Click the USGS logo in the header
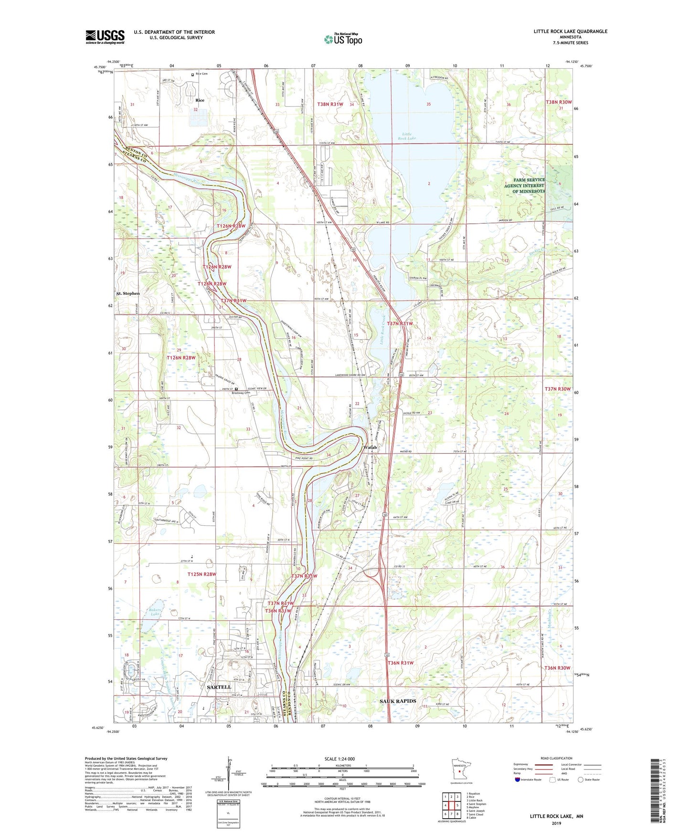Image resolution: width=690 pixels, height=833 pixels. click(105, 36)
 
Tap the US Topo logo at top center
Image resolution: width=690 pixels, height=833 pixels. click(343, 39)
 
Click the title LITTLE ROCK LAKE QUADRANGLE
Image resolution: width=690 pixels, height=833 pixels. click(570, 31)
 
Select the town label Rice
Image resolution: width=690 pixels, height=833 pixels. click(200, 100)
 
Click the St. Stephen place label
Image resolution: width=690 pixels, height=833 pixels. click(128, 293)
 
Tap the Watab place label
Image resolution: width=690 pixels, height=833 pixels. click(370, 448)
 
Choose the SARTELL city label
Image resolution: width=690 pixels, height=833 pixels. click(219, 687)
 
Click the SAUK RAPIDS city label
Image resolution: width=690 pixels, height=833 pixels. click(398, 701)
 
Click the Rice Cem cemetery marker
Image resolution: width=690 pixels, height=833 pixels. click(193, 74)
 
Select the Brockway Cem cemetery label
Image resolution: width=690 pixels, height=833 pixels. click(241, 393)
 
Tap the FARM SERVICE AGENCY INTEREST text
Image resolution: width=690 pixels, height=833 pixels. click(524, 186)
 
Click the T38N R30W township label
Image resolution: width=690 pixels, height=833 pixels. click(558, 102)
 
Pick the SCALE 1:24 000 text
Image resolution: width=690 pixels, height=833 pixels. click(340, 759)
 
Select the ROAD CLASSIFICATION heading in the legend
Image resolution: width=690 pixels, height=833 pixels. click(556, 758)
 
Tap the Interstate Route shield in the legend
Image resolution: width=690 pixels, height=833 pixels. click(518, 780)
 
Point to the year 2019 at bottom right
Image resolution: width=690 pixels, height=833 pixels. click(556, 823)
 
